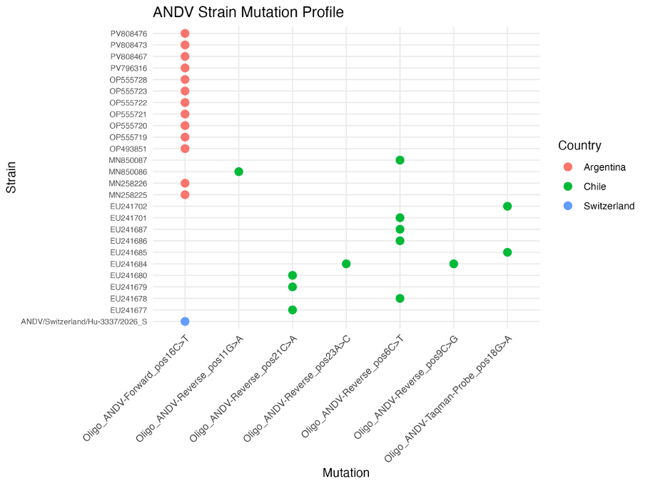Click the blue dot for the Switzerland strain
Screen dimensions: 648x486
point(185,321)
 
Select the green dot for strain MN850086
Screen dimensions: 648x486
point(238,172)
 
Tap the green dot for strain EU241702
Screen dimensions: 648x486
point(507,206)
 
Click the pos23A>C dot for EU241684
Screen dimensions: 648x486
point(346,264)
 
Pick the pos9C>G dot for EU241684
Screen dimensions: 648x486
point(453,264)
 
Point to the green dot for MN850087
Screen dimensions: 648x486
point(400,160)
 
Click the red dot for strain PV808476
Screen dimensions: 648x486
point(185,34)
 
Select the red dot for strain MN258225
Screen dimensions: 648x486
point(185,194)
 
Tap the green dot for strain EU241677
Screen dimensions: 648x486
point(292,309)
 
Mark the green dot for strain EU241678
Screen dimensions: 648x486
point(400,298)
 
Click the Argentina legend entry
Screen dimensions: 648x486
point(594,167)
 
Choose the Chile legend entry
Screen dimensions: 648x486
point(584,187)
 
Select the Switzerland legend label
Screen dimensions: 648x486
point(609,206)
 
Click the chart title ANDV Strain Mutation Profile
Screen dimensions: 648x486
point(248,12)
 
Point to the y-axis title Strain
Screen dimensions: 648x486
point(11,177)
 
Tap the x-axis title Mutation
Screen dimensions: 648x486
point(346,472)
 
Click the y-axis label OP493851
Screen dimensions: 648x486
point(128,149)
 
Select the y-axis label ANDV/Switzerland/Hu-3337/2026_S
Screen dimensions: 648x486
point(84,322)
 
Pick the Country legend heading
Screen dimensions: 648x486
point(579,145)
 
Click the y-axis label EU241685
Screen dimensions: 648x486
point(128,252)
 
